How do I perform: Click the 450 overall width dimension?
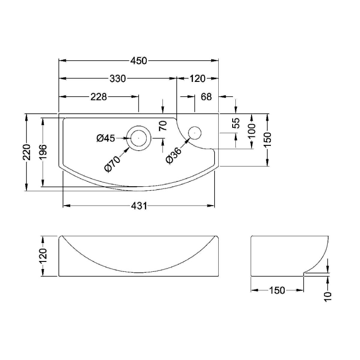pos(139,61)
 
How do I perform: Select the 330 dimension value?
pos(118,79)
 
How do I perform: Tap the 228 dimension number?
pos(99,97)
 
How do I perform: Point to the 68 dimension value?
pos(206,97)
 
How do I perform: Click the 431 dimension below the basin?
pos(139,206)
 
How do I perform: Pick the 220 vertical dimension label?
pos(27,152)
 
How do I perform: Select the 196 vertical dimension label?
pos(43,152)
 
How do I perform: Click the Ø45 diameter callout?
pos(106,138)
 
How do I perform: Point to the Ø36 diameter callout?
pos(174,155)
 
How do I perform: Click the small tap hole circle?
pos(195,133)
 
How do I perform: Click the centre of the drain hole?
pos(139,138)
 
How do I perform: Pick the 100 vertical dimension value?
pos(252,130)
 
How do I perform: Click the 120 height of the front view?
pos(43,256)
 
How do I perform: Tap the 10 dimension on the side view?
pos(328,297)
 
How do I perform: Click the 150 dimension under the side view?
pos(277,290)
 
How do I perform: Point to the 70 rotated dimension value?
pos(163,126)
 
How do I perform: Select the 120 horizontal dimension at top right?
pos(198,79)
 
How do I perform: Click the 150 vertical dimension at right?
pos(268,140)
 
